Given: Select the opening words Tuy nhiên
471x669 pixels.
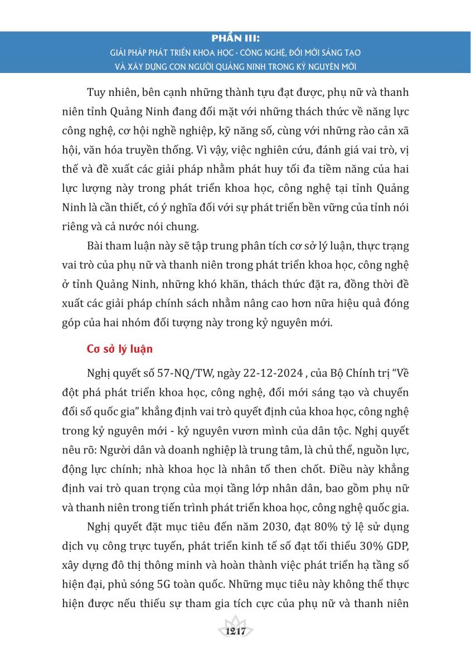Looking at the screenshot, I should tap(110, 91).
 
